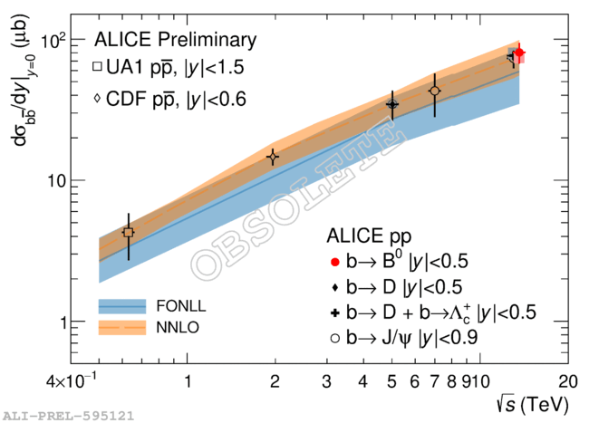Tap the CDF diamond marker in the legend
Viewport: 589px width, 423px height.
[x=99, y=98]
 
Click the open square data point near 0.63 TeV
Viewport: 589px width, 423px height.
[x=129, y=233]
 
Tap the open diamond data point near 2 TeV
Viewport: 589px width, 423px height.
[x=273, y=158]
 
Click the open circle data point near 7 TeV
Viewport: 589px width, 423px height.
[x=435, y=91]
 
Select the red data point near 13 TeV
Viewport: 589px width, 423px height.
[x=518, y=55]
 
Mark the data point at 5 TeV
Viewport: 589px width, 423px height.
[x=392, y=104]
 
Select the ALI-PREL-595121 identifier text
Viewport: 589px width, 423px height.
[x=69, y=417]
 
